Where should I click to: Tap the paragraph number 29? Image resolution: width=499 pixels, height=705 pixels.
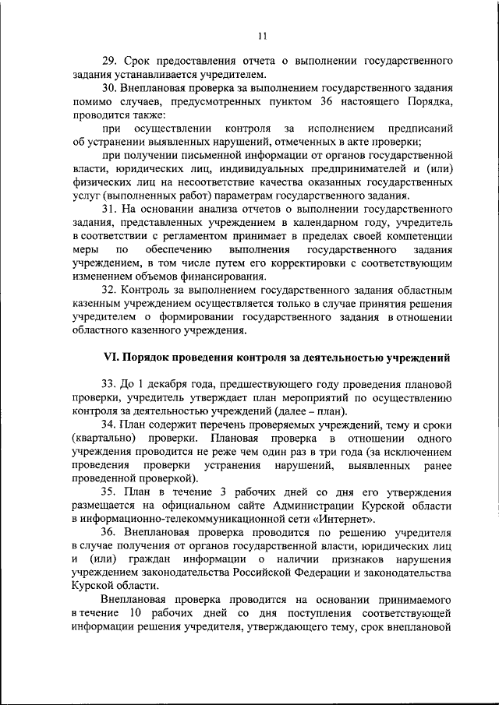(109, 61)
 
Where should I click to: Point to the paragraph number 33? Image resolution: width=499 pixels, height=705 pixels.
(109, 383)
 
